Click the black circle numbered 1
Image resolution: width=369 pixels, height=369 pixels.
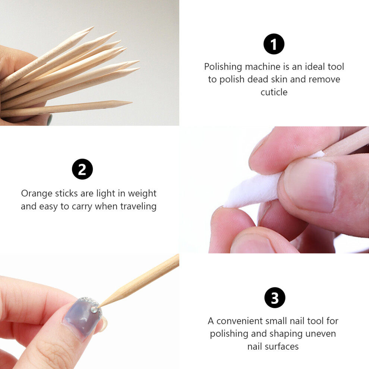[274, 44]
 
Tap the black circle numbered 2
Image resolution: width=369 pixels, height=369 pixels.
[82, 169]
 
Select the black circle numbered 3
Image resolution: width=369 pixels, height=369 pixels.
[275, 297]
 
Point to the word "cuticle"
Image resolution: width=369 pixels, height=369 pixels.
[274, 92]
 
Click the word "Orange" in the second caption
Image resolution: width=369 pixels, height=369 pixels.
[37, 194]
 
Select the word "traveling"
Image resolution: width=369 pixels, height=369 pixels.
[138, 206]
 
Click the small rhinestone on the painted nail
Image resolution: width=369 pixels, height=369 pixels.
[94, 309]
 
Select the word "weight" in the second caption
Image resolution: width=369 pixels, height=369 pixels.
[142, 194]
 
